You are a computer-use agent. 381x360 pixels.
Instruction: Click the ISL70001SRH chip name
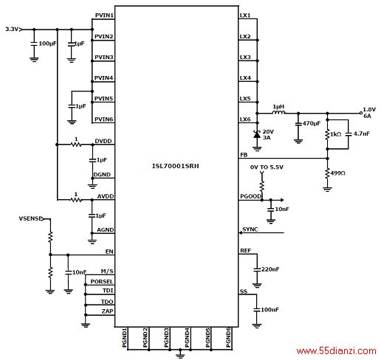[x=176, y=166]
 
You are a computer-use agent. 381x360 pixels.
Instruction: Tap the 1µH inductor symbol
[x=279, y=112]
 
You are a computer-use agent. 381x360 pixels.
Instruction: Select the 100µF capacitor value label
[x=47, y=44]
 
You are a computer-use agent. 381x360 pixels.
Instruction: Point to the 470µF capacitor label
[x=312, y=123]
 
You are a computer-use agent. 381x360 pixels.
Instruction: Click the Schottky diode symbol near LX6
[x=257, y=134]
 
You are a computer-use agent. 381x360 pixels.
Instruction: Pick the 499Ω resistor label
[x=337, y=173]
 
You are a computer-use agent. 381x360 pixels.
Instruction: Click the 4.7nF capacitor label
[x=362, y=134]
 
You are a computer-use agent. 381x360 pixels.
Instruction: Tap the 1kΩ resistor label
[x=336, y=134]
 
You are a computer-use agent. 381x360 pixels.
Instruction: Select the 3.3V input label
[x=12, y=29]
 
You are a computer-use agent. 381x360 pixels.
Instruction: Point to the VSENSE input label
[x=30, y=218]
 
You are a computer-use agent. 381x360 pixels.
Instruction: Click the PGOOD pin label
[x=250, y=196]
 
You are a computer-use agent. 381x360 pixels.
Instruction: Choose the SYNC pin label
[x=250, y=229]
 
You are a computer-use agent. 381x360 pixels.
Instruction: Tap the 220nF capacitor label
[x=270, y=269]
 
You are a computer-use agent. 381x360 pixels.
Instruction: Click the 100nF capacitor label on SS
[x=270, y=310]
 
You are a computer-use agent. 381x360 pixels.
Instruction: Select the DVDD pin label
[x=103, y=141]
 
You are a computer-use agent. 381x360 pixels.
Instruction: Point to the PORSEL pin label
[x=102, y=282]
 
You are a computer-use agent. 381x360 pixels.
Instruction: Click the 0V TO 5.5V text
[x=267, y=167]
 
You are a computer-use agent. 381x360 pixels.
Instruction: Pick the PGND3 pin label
[x=167, y=337]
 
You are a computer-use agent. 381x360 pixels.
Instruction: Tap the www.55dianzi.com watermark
[x=337, y=351]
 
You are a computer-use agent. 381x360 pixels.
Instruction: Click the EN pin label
[x=109, y=252]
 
